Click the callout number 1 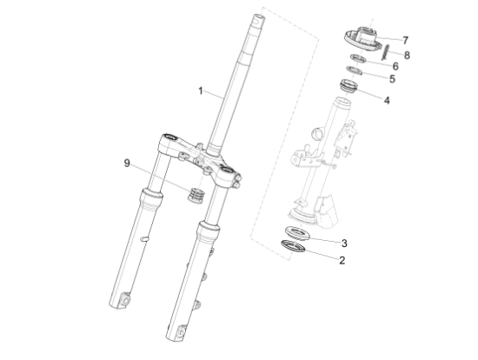pyautogui.click(x=200, y=91)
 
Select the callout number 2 pyautogui.click(x=342, y=261)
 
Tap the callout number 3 pyautogui.click(x=344, y=243)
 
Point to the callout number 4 pyautogui.click(x=387, y=100)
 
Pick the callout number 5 pyautogui.click(x=392, y=79)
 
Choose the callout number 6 pyautogui.click(x=395, y=66)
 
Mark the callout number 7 pyautogui.click(x=405, y=40)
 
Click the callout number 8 pyautogui.click(x=407, y=56)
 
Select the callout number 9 pyautogui.click(x=127, y=163)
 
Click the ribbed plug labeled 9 pyautogui.click(x=196, y=195)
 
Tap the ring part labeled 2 pyautogui.click(x=293, y=246)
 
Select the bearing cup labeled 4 pyautogui.click(x=349, y=85)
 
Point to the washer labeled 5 pyautogui.click(x=355, y=70)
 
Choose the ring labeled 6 pyautogui.click(x=358, y=58)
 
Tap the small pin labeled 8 pyautogui.click(x=385, y=52)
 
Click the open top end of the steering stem pyautogui.click(x=258, y=17)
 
